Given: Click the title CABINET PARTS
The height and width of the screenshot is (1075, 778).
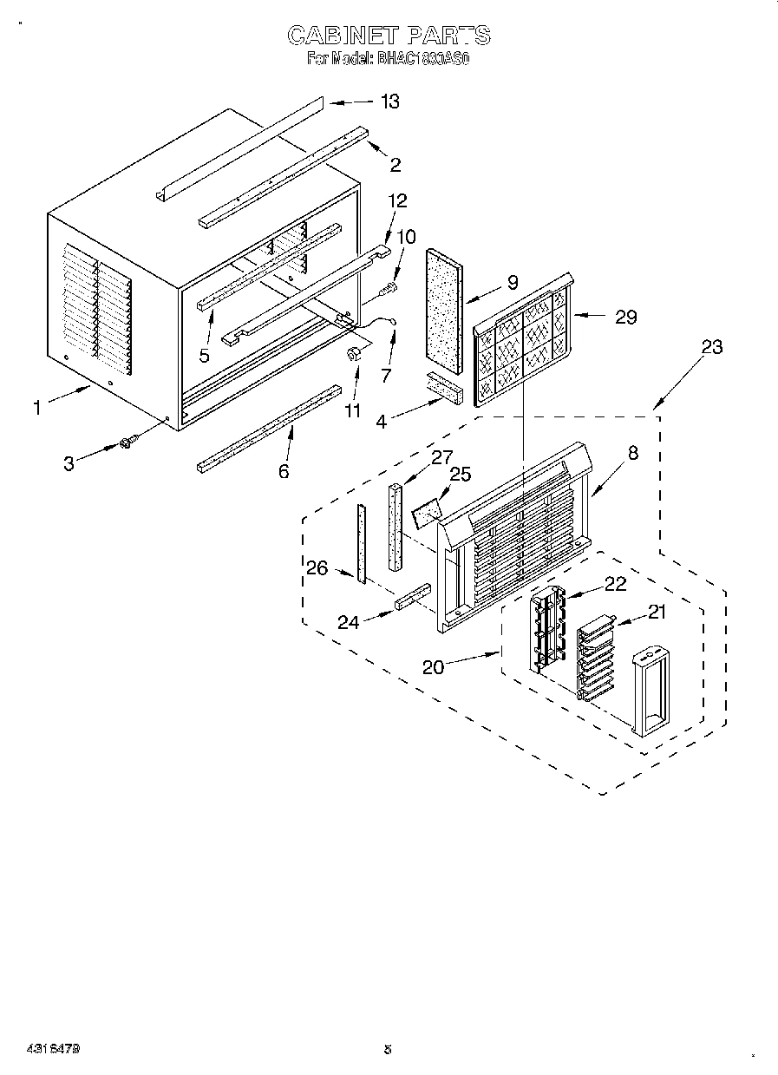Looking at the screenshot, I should (x=389, y=36).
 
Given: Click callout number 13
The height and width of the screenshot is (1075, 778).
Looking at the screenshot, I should (x=389, y=102).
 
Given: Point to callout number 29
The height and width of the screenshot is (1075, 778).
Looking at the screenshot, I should (x=625, y=317).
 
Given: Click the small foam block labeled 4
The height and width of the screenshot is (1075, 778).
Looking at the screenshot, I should (x=445, y=387).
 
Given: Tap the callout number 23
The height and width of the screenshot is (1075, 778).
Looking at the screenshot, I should (x=711, y=346).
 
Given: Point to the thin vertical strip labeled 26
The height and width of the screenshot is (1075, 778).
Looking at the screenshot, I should (x=361, y=543).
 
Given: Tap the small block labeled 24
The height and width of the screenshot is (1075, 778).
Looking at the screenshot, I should (x=413, y=598).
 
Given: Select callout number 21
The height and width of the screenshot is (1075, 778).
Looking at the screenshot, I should (x=657, y=613).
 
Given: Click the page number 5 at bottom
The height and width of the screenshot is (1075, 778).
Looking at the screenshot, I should (x=388, y=1049).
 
